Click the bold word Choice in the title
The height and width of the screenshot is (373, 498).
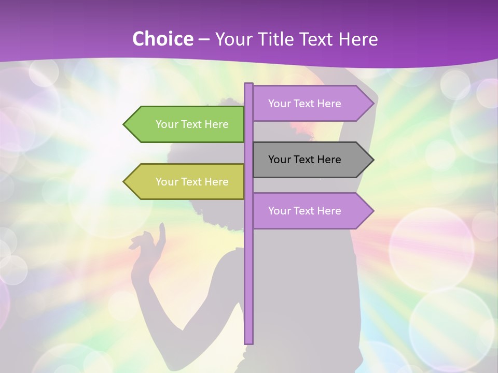(162, 39)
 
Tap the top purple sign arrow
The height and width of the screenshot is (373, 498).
(311, 104)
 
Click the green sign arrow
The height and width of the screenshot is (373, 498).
(187, 124)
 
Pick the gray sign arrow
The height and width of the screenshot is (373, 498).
(311, 160)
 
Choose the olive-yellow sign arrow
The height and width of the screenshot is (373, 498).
(187, 182)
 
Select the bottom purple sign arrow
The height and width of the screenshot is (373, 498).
(311, 211)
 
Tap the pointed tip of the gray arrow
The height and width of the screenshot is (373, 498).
(372, 160)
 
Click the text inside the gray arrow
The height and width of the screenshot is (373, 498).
(305, 160)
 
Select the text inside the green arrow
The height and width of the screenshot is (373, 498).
(192, 124)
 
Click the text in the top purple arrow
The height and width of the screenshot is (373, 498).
(305, 104)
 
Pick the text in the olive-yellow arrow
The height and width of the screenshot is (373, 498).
(192, 182)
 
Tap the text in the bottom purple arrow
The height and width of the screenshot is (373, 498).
(305, 211)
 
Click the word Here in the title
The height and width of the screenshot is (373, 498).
(358, 39)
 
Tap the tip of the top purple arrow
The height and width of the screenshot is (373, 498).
(372, 104)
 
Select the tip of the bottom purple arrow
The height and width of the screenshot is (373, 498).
(372, 211)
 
